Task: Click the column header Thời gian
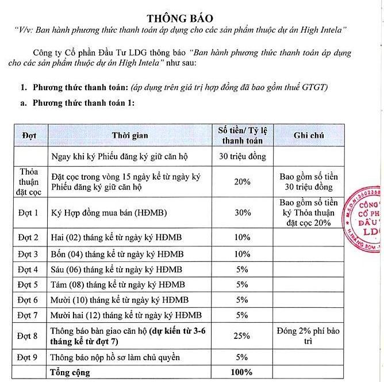[x=130, y=135]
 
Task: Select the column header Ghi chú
[x=309, y=135]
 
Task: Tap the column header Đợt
[x=29, y=135]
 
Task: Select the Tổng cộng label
[x=70, y=372]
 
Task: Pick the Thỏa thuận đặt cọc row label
[x=29, y=182]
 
